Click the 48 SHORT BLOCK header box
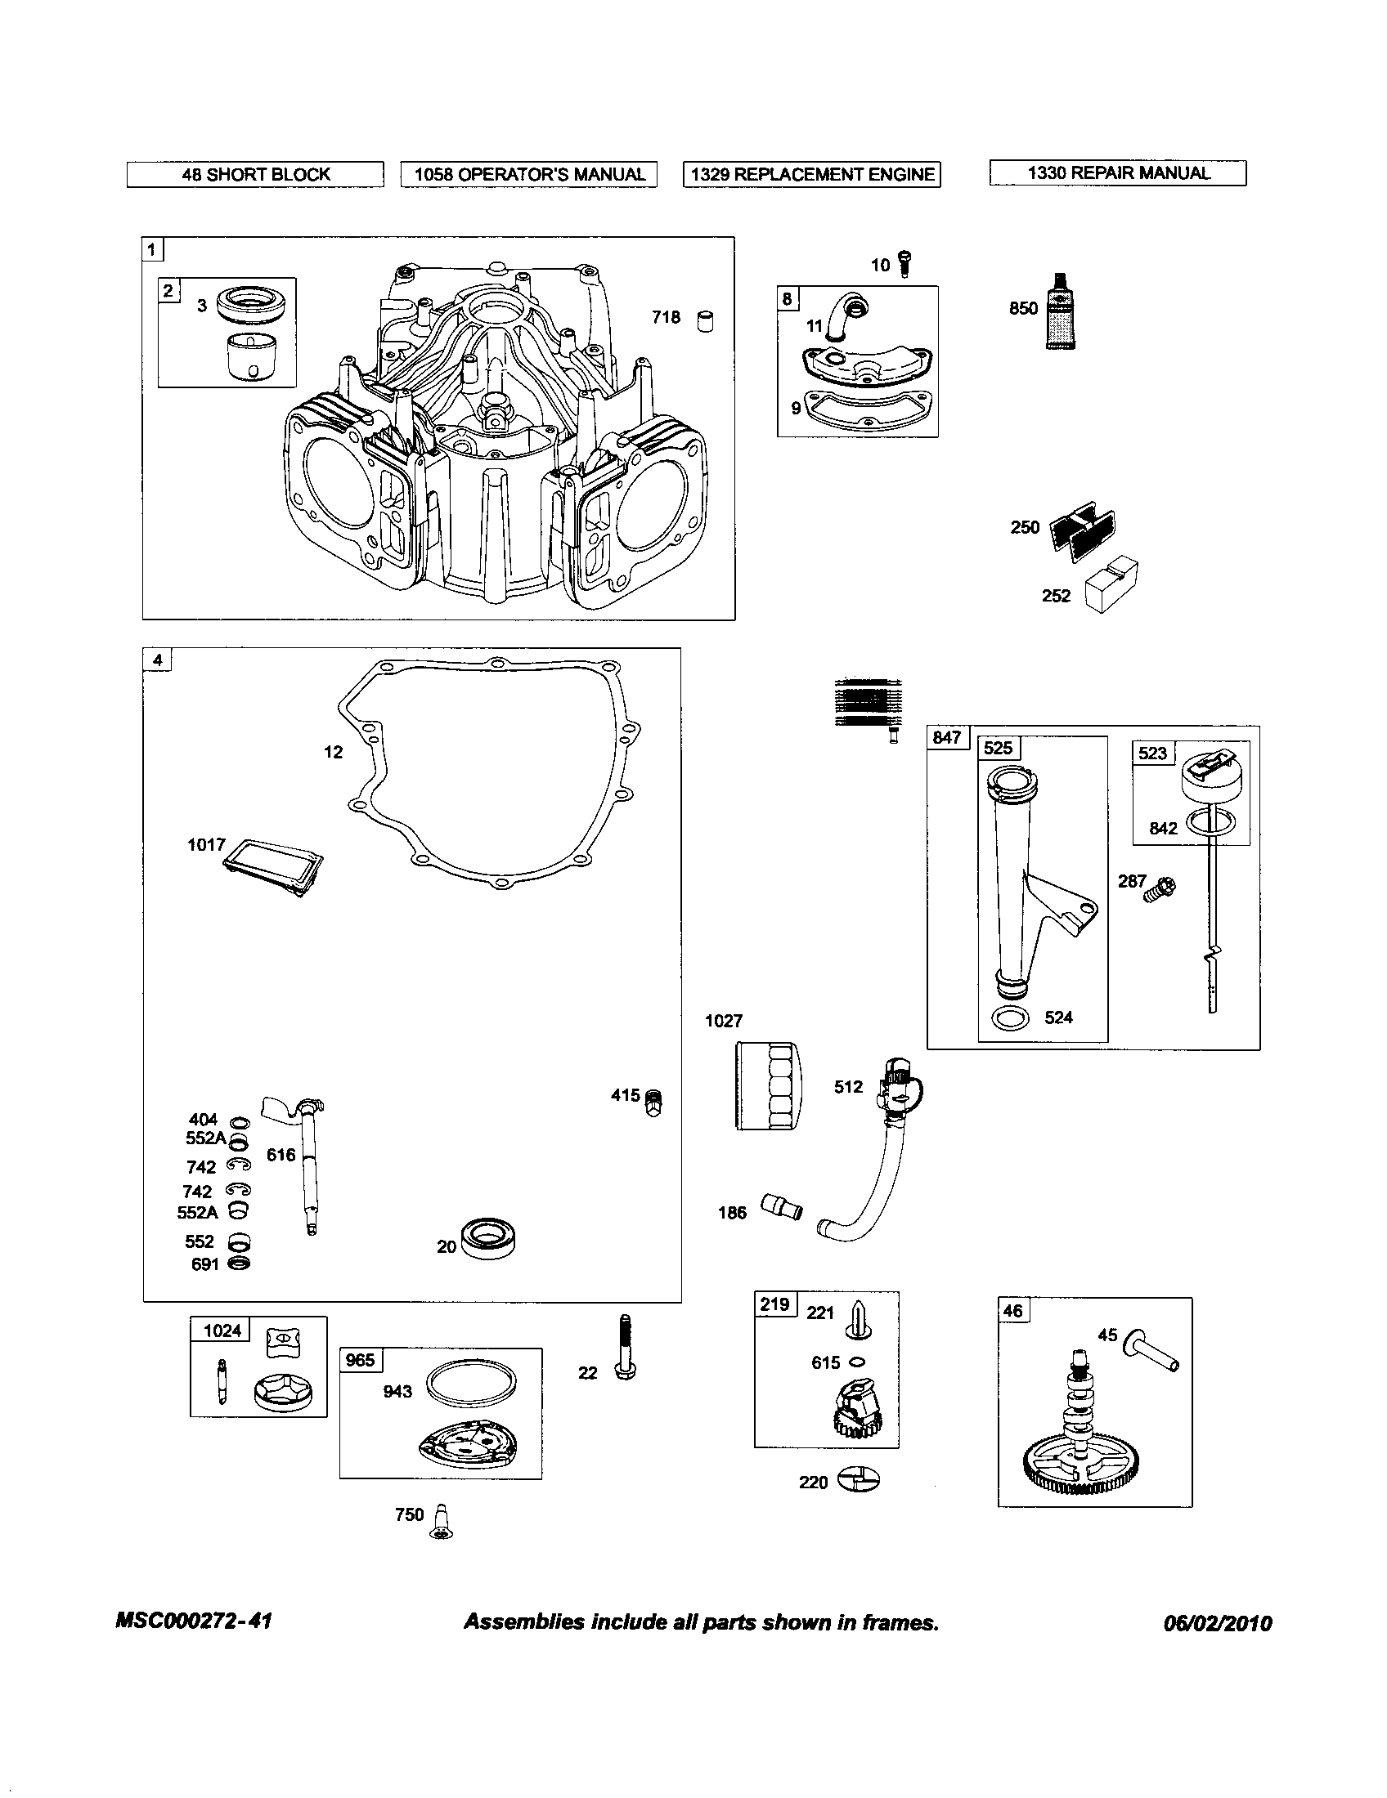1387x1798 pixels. pos(255,175)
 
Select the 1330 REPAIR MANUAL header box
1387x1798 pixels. pos(1118,173)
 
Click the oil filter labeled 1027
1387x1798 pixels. pos(765,1085)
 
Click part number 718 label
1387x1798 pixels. pos(666,317)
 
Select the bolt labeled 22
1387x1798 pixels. pos(625,1347)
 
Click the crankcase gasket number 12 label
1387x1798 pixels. pos(333,752)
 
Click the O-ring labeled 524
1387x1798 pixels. pos(1011,1018)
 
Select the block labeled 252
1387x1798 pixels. pos(1111,584)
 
